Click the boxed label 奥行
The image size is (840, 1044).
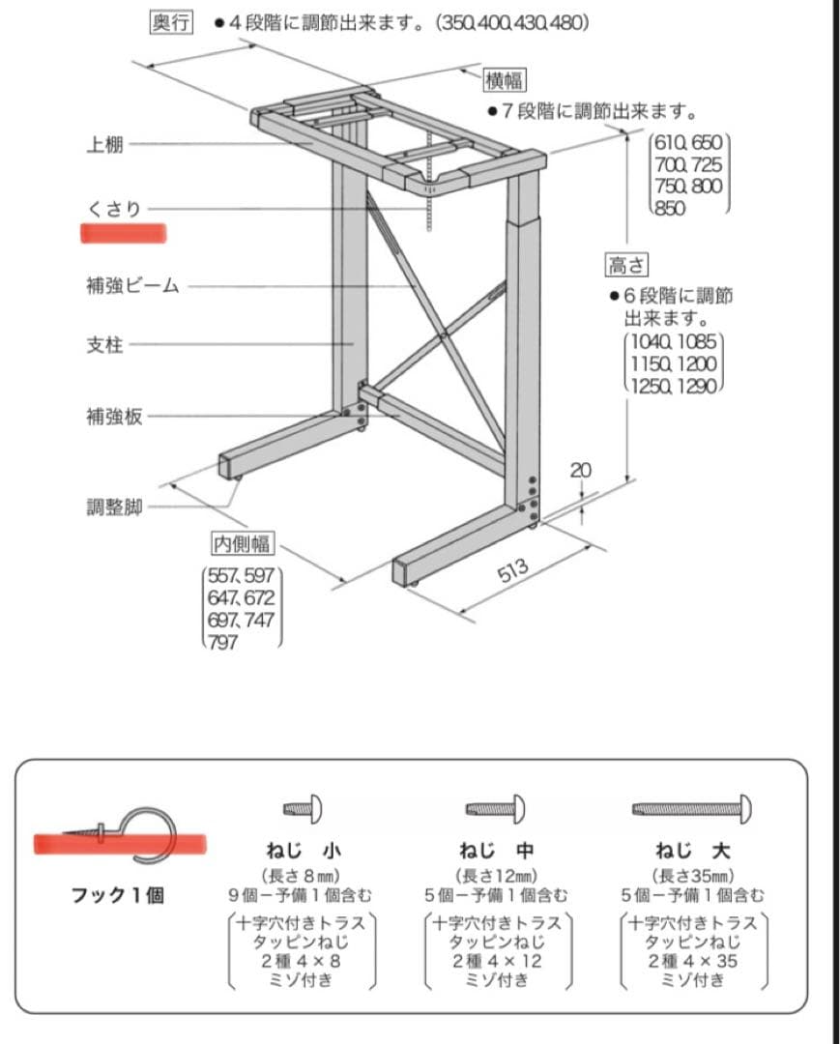tap(171, 22)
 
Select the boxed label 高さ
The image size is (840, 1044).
tap(626, 264)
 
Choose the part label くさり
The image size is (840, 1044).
tap(113, 209)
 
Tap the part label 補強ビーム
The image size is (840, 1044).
tap(132, 286)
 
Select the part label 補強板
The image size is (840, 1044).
tap(114, 417)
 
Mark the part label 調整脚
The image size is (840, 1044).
tap(114, 507)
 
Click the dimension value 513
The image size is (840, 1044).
tap(513, 570)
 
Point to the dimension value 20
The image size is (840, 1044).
tap(581, 470)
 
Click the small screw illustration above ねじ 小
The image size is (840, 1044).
tap(303, 807)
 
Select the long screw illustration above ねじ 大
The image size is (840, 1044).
tap(692, 806)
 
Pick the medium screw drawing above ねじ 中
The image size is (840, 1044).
tap(495, 807)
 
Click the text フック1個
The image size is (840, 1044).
tap(118, 894)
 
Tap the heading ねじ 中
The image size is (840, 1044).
tap(496, 852)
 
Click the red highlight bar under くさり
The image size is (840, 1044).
tap(124, 233)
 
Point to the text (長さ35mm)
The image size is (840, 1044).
tap(692, 876)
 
